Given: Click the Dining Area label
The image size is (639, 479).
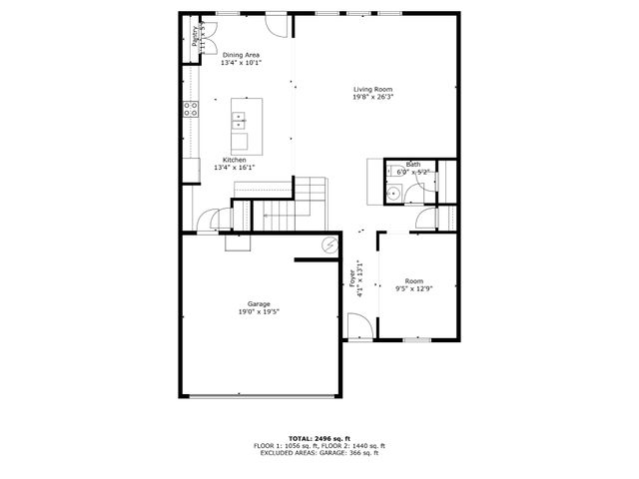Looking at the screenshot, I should tap(242, 55).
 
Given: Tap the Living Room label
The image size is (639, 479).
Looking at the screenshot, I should tap(372, 89).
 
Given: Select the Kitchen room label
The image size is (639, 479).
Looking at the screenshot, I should tap(235, 160).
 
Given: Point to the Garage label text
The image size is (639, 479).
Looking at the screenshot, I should tap(259, 303).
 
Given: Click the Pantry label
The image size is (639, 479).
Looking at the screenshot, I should tap(196, 36).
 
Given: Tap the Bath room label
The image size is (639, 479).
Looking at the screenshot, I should tap(412, 164).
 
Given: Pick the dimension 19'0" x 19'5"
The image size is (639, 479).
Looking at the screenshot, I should tap(259, 312).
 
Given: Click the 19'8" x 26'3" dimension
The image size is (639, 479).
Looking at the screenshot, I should tap(372, 98).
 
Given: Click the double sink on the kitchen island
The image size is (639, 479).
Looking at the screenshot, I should tap(240, 122).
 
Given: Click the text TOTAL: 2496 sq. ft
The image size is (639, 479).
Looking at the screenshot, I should tap(319, 438).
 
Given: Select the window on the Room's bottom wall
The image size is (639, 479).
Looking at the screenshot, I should tap(416, 340).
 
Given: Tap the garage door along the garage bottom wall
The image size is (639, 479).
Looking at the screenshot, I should tap(258, 396).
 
